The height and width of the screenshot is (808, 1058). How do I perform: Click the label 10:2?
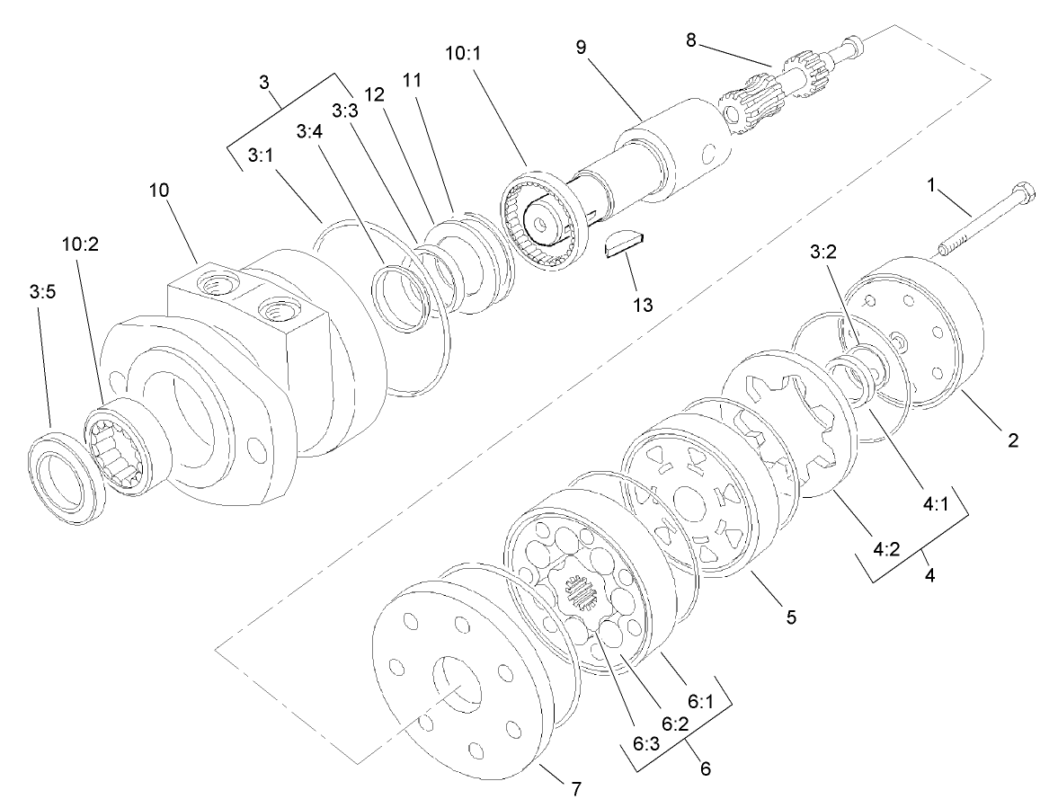click(x=79, y=244)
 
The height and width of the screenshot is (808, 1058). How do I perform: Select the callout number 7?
click(x=576, y=790)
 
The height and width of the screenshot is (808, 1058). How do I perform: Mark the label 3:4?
click(x=309, y=133)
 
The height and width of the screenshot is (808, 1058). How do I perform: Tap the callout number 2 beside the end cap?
click(x=1013, y=440)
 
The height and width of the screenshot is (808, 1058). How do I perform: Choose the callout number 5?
click(x=791, y=617)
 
